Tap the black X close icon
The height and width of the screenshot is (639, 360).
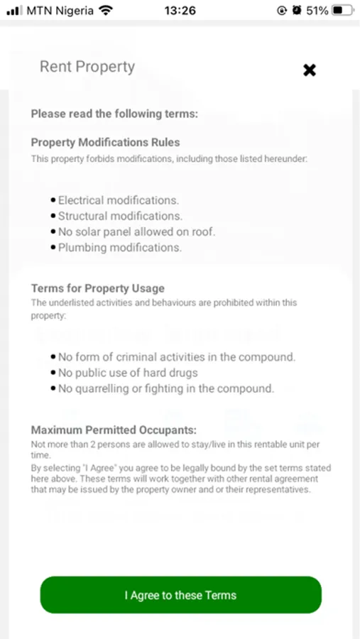[310, 70]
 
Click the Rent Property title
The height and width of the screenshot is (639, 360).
[87, 67]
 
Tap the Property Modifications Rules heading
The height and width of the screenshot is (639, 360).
[105, 142]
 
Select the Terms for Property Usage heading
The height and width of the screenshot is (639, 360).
[97, 288]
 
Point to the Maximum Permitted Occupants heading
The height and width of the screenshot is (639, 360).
[114, 430]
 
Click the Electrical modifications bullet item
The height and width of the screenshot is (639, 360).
[118, 200]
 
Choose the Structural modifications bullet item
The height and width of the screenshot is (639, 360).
[120, 216]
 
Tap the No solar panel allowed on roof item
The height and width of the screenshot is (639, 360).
[136, 231]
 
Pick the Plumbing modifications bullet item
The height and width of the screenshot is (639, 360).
[119, 247]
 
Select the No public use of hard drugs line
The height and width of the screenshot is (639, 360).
[128, 373]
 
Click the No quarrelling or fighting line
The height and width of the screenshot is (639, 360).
[165, 388]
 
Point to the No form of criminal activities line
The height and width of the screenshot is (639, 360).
[176, 357]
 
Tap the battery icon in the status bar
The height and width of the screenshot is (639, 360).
[341, 11]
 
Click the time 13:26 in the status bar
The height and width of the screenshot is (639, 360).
[180, 11]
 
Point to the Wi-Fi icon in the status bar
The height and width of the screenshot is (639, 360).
[106, 11]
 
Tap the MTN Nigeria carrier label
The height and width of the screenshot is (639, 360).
[60, 11]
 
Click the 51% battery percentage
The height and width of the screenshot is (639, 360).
[317, 11]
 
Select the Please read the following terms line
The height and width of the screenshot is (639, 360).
[114, 114]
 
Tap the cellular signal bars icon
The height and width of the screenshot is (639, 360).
[13, 11]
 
